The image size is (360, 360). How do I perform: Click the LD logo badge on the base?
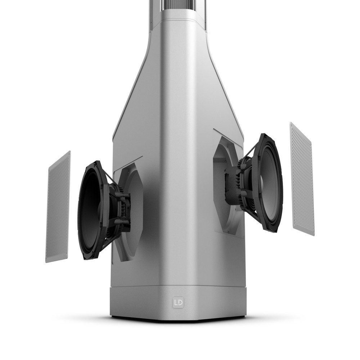178,303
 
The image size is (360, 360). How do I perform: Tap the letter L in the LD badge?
176,303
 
